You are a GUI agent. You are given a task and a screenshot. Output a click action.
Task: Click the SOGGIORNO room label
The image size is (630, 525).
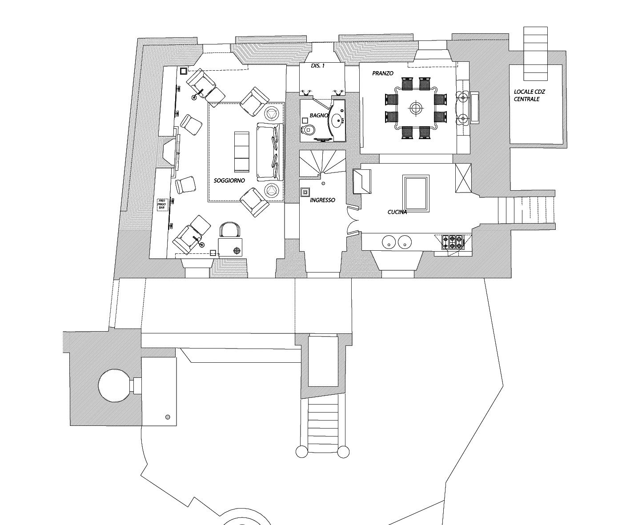(229, 181)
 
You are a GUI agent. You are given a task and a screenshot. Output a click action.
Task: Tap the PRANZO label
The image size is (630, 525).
(383, 73)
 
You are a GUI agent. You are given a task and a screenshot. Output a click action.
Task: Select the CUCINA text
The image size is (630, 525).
(397, 212)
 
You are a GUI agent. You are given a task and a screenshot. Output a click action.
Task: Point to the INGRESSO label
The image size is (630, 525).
(322, 200)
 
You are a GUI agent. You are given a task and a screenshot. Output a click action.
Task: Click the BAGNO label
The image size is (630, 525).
(319, 115)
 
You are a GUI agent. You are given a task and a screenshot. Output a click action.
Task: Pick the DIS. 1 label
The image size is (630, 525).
(318, 65)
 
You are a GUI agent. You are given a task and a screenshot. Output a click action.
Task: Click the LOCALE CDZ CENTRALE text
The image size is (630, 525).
(530, 95)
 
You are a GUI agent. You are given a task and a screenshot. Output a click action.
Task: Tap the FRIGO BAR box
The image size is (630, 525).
(162, 204)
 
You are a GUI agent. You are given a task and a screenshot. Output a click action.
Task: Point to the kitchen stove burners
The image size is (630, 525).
(452, 242)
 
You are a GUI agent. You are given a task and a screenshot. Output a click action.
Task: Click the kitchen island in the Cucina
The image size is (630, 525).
(416, 193)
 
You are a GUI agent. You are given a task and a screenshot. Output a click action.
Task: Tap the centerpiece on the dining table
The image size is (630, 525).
(416, 108)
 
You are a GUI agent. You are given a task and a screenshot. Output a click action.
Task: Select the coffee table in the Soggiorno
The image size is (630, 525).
(242, 152)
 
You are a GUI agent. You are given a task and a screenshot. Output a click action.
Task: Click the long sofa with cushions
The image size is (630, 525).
(270, 152)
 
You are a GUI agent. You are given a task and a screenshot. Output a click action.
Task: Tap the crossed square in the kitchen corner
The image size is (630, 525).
(463, 178)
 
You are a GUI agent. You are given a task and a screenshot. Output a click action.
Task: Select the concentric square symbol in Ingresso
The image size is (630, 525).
(305, 192)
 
